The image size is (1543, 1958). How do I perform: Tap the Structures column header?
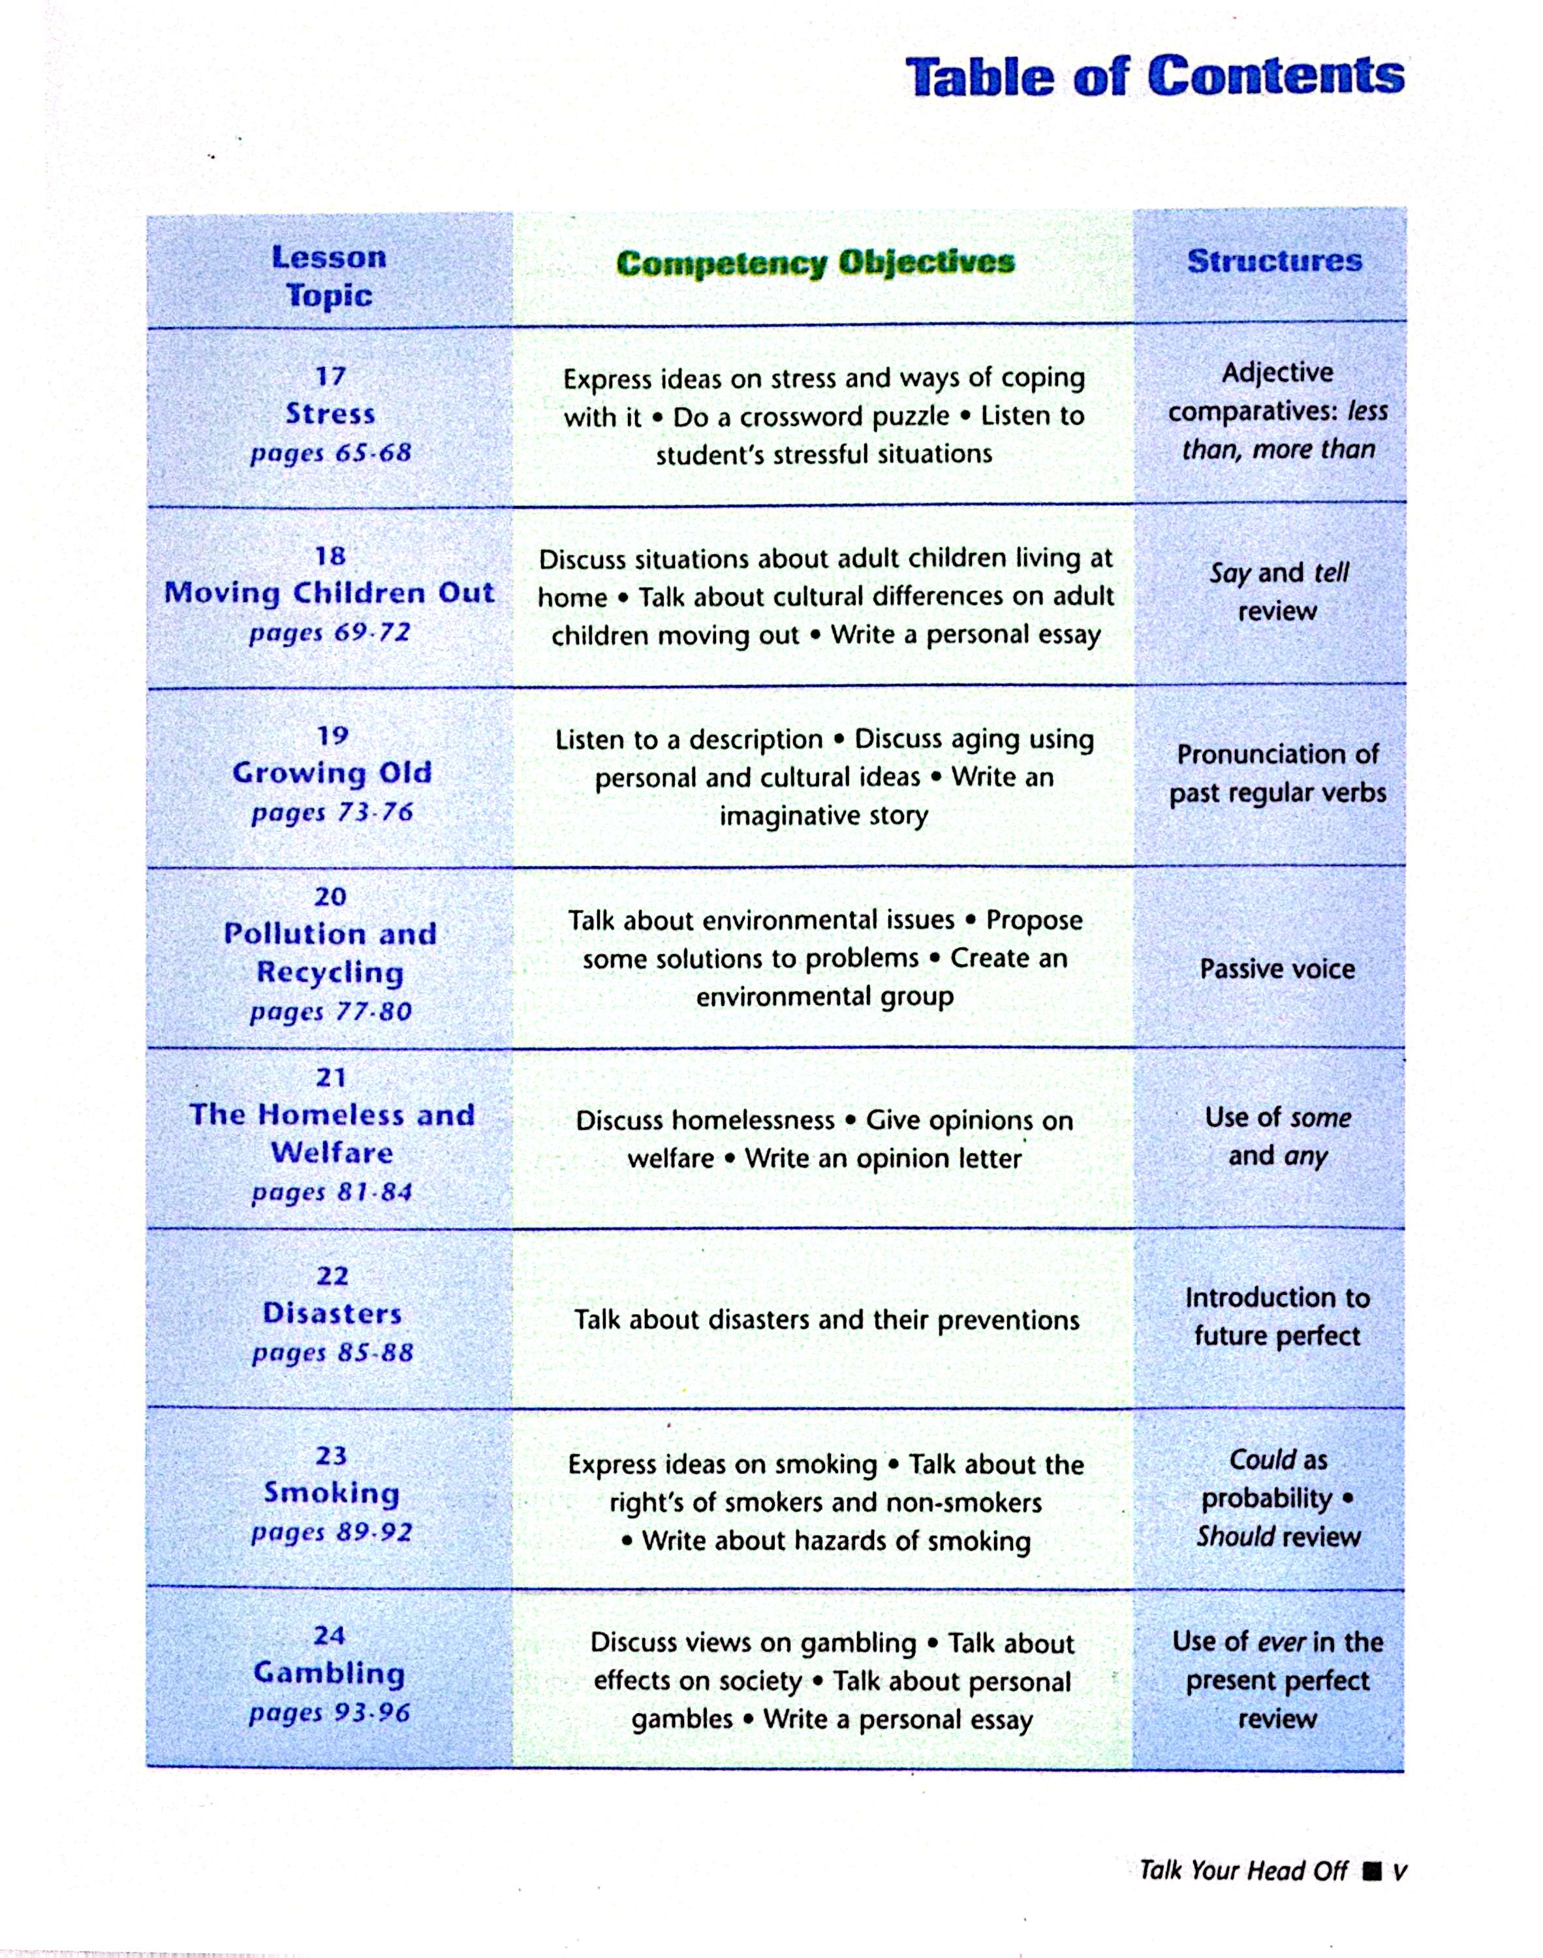coord(1274,261)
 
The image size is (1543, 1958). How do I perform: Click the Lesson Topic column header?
coord(329,276)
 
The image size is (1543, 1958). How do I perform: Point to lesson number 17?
coord(331,376)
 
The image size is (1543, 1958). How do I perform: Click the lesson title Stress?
coord(331,414)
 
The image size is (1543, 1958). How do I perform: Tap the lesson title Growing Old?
coord(332,773)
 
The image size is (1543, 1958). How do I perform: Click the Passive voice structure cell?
coord(1277,969)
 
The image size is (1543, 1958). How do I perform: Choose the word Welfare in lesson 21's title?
coord(332,1153)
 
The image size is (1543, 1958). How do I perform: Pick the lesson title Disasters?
coord(332,1313)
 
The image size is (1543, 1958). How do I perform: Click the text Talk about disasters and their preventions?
coord(826,1320)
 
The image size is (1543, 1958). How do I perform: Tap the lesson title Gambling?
coord(329,1673)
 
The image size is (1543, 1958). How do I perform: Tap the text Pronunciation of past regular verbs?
coord(1277,773)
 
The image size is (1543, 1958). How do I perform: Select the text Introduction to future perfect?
coord(1277,1317)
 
